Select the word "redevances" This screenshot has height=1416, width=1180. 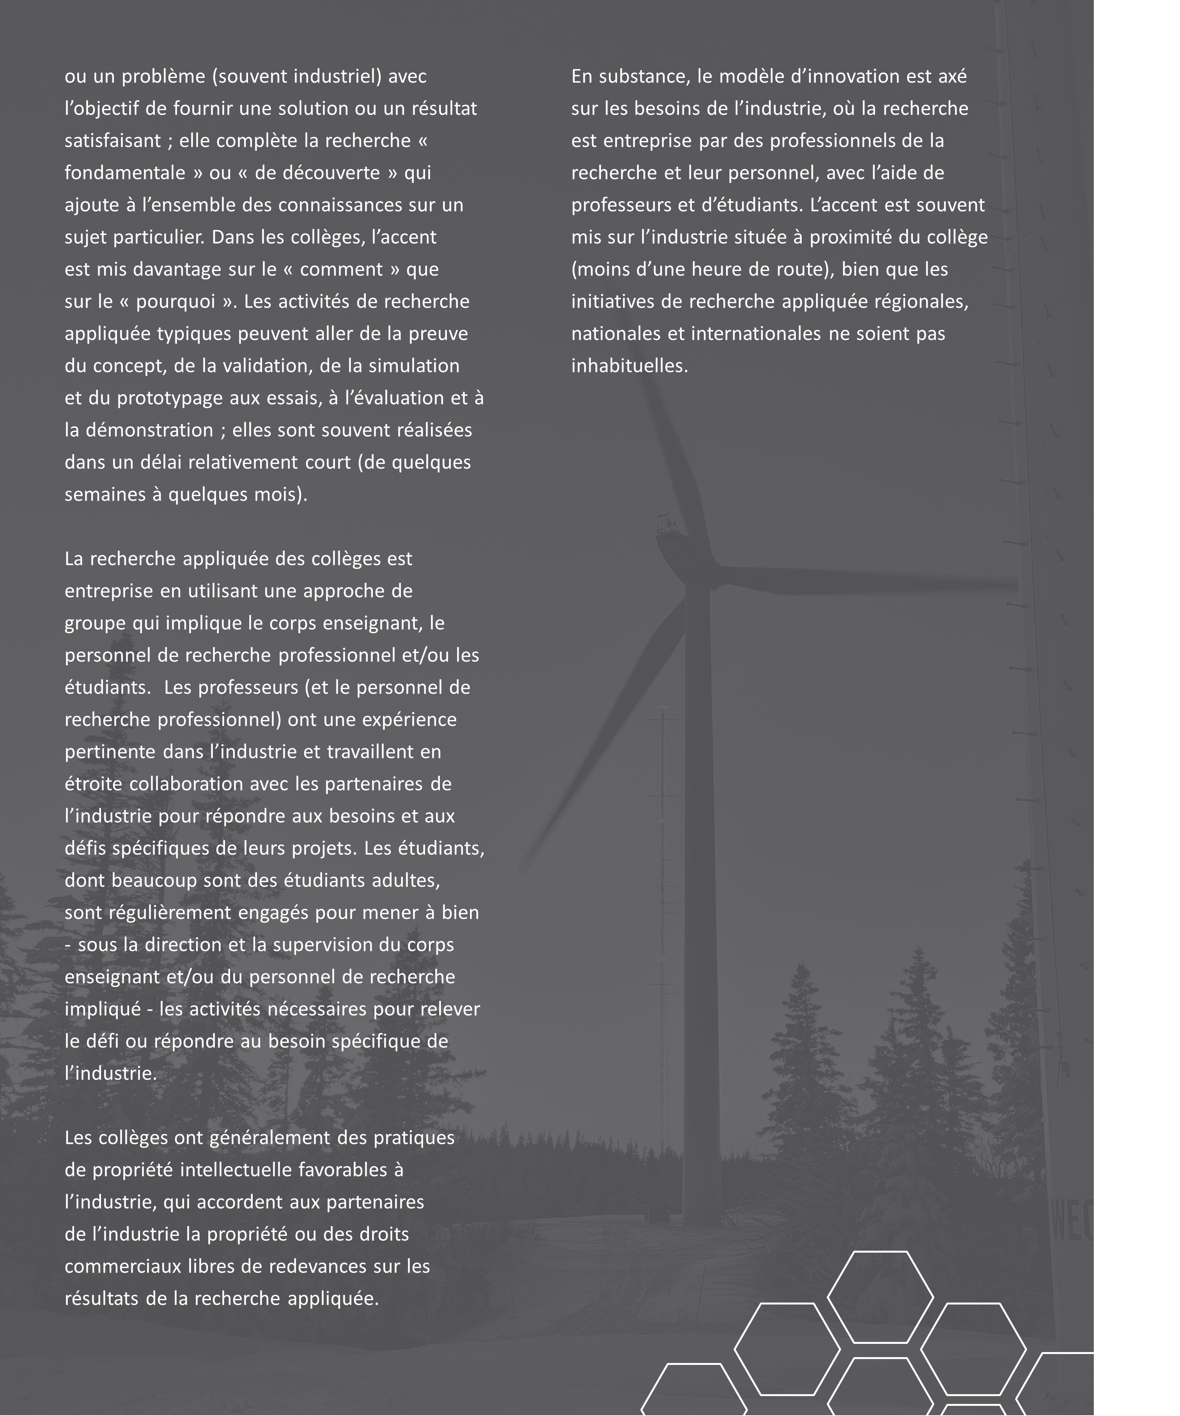coord(320,1266)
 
